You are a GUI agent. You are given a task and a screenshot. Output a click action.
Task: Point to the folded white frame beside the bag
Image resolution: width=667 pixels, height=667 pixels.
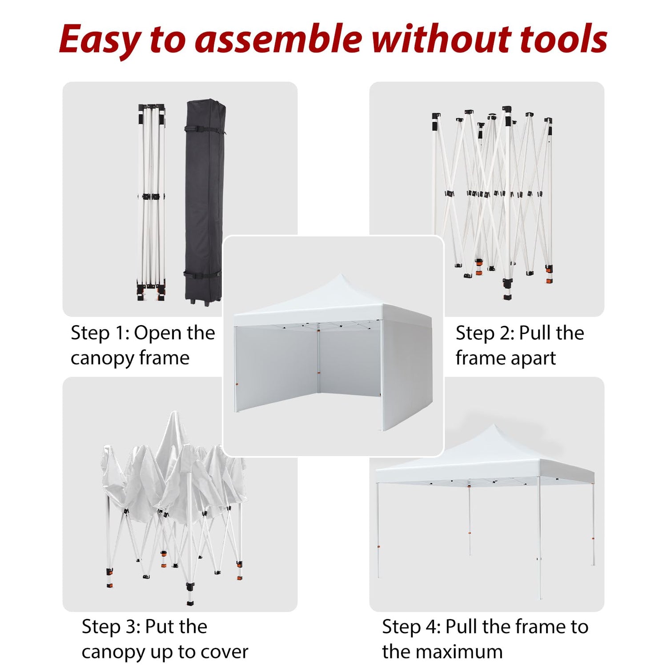pos(151,202)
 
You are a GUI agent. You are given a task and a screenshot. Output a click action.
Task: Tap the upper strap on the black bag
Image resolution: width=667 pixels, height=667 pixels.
pos(203,130)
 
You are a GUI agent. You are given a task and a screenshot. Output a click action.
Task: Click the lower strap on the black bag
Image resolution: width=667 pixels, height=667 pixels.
pos(203,273)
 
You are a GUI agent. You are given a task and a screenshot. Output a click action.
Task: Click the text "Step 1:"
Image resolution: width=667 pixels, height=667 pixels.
pos(100,333)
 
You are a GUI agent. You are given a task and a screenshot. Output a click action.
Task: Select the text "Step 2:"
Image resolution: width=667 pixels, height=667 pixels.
pos(485,333)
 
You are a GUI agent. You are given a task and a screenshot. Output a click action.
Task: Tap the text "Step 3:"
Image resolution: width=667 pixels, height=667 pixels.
pos(111,627)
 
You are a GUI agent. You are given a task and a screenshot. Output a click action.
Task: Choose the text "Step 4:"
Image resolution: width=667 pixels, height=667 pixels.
pos(411,627)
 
